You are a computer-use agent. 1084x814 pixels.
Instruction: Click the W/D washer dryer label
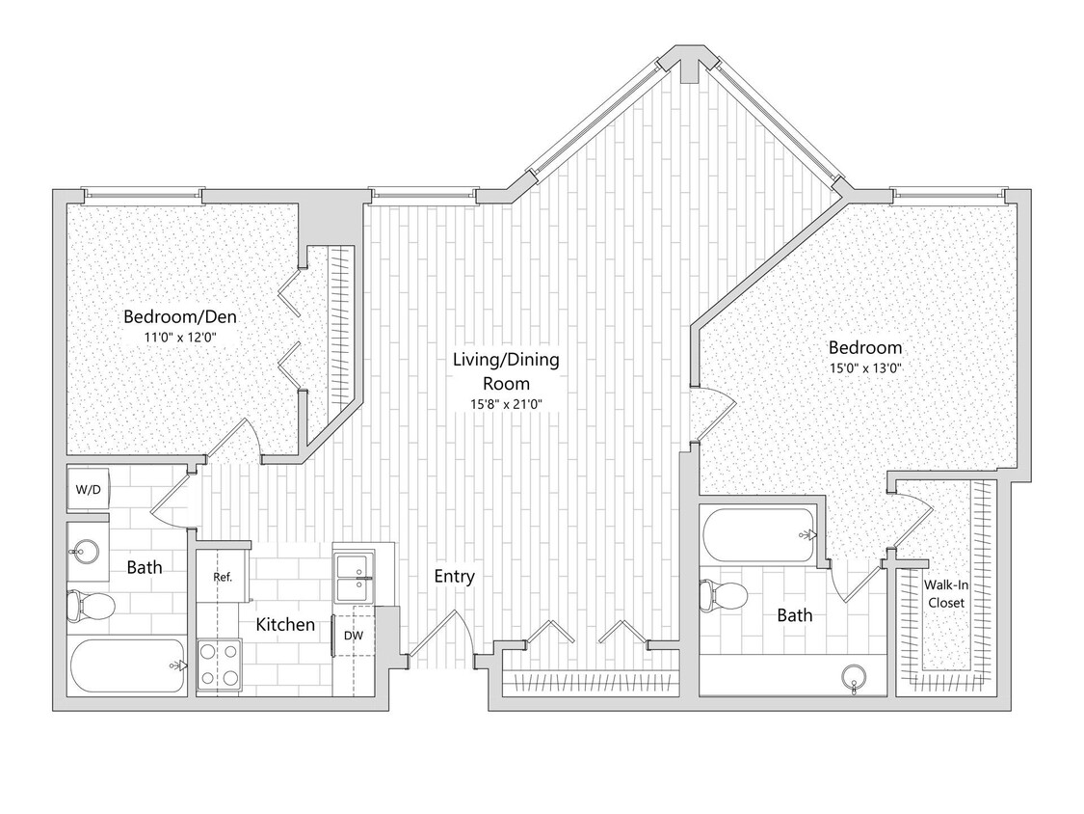(88, 490)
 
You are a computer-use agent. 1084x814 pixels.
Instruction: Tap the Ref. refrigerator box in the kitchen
(223, 578)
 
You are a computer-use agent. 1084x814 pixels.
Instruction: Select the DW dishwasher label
(353, 636)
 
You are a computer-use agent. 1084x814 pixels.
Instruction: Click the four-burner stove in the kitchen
(218, 664)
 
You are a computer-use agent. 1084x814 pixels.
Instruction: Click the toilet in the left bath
(90, 607)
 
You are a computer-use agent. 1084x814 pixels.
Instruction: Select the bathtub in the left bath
(127, 665)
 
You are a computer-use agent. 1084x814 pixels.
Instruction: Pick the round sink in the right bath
(853, 677)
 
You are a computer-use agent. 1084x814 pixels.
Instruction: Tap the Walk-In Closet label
(944, 593)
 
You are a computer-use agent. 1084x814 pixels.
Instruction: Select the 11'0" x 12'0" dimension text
(180, 337)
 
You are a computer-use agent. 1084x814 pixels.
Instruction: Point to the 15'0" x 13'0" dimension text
(864, 367)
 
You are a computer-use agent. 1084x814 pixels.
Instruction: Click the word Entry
(454, 577)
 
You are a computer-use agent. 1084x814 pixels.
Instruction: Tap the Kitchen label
(285, 625)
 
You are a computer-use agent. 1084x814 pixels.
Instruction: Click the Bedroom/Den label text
(180, 316)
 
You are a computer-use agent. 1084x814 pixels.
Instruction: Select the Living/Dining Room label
(506, 371)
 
